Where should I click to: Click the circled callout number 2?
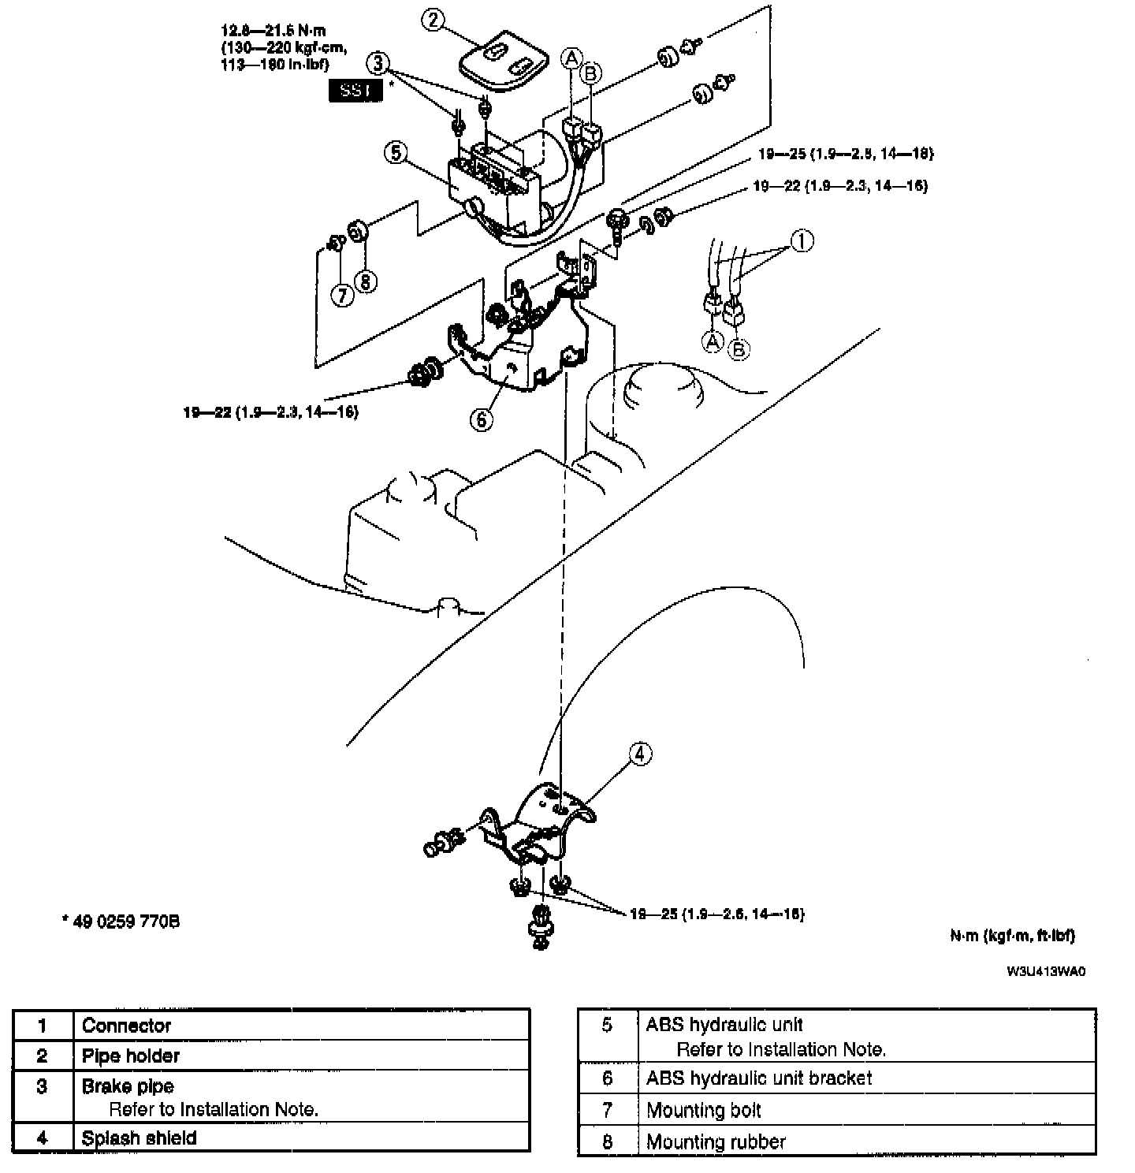coord(433,20)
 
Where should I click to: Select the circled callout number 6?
coord(482,419)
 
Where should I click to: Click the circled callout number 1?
coord(802,241)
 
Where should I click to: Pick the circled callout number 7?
coord(341,296)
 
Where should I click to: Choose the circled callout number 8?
coord(366,281)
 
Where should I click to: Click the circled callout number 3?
coord(378,62)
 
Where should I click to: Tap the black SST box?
coord(355,91)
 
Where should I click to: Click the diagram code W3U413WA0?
coord(1046,971)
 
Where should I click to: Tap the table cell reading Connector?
coord(126,1026)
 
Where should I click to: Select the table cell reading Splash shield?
coord(139,1138)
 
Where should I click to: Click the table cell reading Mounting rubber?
coord(716,1141)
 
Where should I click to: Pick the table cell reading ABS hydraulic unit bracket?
coord(759,1078)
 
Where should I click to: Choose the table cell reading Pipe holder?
coord(131,1056)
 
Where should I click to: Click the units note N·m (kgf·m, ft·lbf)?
coord(1012,936)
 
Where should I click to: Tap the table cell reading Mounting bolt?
coord(704,1110)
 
